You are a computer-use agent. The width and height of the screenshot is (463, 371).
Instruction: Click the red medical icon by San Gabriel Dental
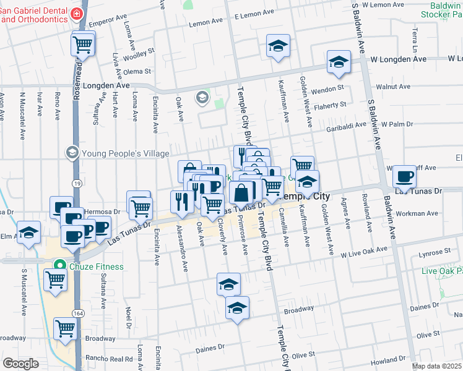tap(76, 12)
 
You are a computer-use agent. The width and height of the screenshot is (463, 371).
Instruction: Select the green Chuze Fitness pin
tap(59, 267)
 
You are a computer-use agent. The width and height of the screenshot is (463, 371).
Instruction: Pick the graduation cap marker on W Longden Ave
tap(339, 62)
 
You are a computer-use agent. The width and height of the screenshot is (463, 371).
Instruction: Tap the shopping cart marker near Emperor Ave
tap(82, 43)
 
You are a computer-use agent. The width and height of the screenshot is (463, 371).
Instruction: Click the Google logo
tap(20, 364)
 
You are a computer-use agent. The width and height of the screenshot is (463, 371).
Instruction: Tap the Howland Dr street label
tap(389, 360)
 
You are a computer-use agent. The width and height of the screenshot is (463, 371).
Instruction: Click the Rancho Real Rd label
tap(110, 359)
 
